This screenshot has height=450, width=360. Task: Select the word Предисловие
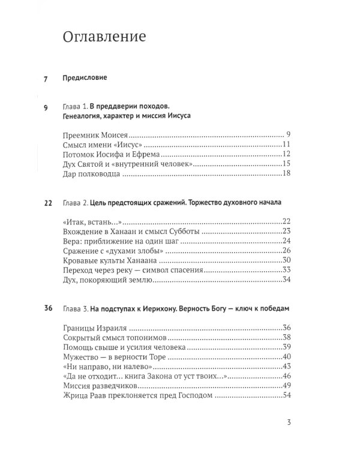89,78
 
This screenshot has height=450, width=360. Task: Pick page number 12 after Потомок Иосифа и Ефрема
286,154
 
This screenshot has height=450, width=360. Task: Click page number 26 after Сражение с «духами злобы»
286,251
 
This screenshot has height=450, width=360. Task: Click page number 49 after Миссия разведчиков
286,386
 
